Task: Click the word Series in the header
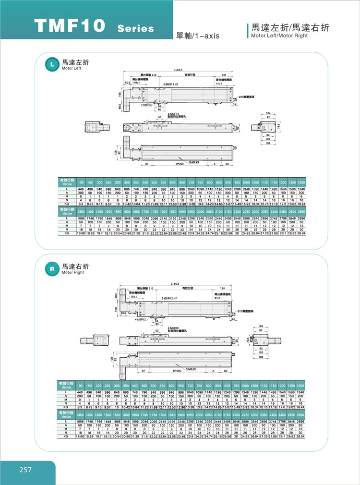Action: point(136,28)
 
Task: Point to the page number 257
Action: point(25,469)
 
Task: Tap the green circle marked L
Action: point(51,64)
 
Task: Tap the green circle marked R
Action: point(51,269)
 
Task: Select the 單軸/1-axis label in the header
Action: point(195,36)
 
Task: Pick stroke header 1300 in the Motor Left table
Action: point(300,183)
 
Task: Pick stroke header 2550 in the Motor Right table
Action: point(300,413)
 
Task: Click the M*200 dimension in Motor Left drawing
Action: point(180,164)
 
